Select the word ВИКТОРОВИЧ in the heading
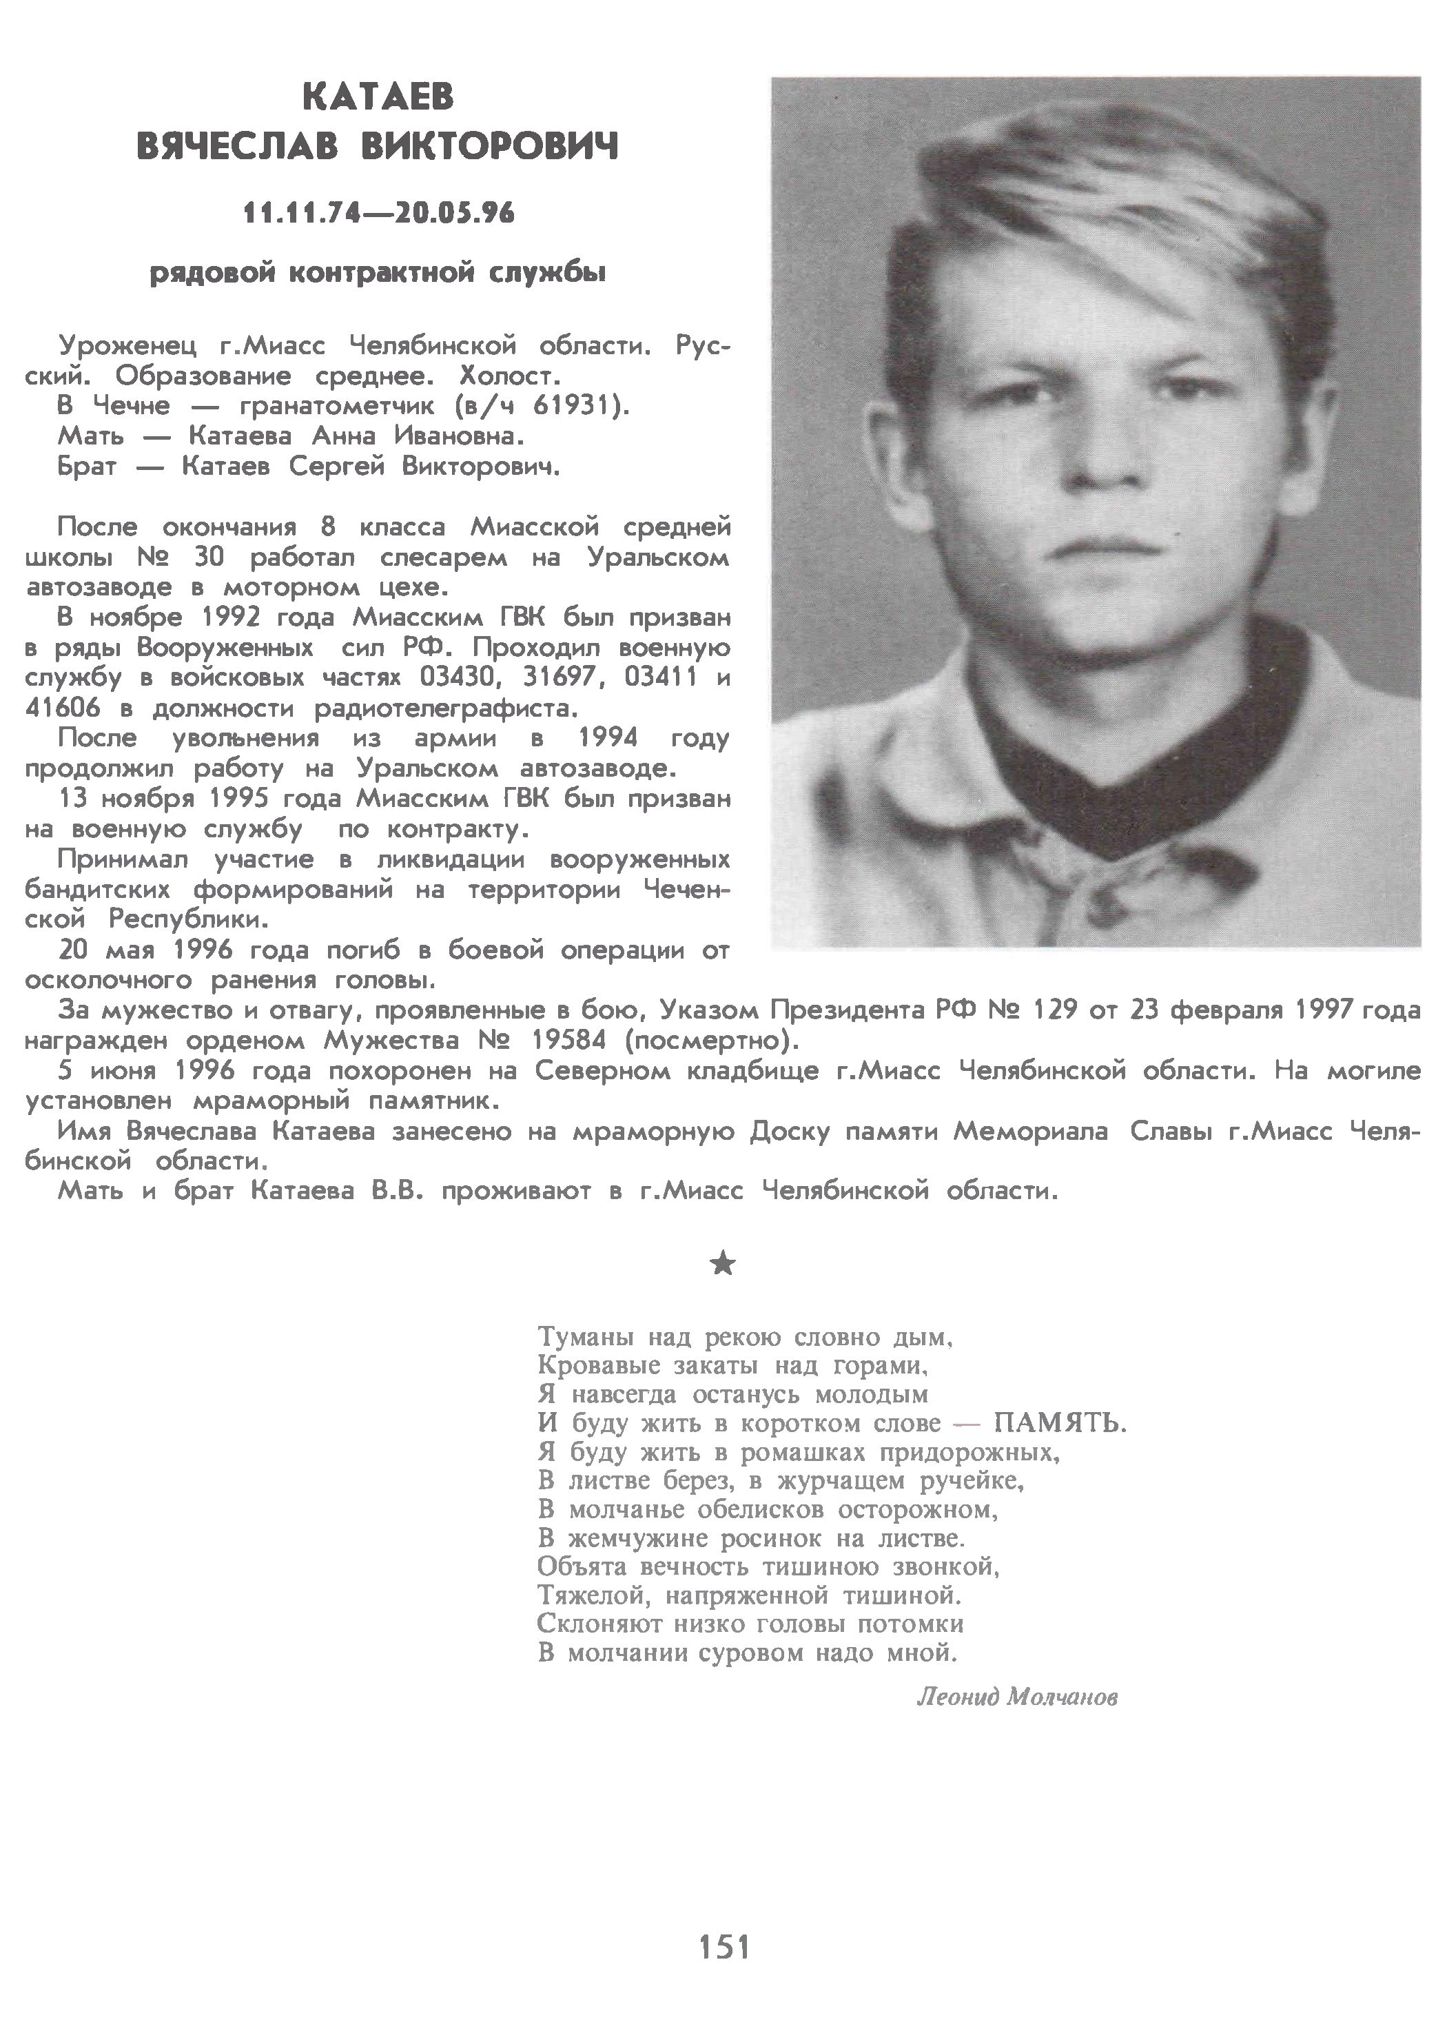coord(489,147)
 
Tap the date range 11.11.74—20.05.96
coord(379,213)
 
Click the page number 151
coord(723,1948)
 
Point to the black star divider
coord(723,1263)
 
